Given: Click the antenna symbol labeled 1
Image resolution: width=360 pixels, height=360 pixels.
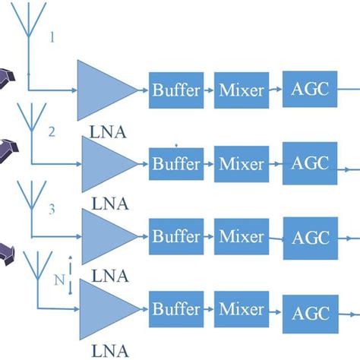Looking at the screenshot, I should tap(29, 30).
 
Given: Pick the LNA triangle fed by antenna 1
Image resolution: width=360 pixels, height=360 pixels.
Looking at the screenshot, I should tap(105, 90).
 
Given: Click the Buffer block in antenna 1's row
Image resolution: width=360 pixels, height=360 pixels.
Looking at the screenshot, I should tap(176, 90).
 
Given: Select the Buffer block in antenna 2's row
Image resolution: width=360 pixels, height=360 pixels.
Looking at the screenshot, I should tap(176, 164).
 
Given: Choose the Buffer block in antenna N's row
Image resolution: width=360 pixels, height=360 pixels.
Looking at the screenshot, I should tap(176, 310).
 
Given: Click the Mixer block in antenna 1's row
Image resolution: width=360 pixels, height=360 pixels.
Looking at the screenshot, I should tap(242, 90).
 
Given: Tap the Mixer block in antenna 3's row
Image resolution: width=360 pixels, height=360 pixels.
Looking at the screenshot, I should tap(242, 237).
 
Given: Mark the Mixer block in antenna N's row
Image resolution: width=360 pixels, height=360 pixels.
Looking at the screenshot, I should tap(242, 310).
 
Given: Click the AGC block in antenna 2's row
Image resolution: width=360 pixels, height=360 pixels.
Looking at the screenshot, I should tap(310, 164).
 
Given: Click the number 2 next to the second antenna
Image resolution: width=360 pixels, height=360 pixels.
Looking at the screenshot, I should tap(52, 131).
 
